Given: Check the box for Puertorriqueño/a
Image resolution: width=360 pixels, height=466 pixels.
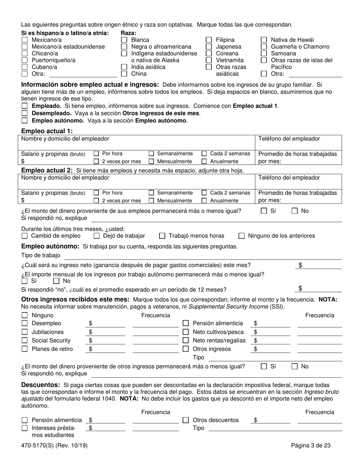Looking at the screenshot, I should coord(25,60).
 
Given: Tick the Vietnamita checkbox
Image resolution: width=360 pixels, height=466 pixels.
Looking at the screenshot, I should coord(209,60).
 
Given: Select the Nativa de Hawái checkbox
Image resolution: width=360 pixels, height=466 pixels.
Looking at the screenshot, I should coord(264,40).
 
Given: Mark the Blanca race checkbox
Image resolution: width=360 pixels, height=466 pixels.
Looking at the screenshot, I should coord(124,40).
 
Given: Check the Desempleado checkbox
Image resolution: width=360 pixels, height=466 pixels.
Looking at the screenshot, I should coord(25,113).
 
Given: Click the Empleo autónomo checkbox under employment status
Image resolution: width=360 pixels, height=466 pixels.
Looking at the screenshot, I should coord(25,121).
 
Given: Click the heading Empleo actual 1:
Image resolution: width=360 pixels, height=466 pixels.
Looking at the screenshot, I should coord(47,131).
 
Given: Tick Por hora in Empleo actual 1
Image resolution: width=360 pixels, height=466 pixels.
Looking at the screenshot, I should coord(96,154).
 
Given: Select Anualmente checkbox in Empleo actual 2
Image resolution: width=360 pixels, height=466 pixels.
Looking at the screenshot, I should coord(204,201).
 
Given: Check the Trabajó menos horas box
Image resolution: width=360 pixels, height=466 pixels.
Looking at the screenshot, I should coord(162,236).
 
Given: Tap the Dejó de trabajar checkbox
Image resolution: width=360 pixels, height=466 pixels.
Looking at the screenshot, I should coord(96,236).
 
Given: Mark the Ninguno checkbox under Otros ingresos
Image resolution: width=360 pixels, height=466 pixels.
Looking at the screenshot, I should coord(25,316).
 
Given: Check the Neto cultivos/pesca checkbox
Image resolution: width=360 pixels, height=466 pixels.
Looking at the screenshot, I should coord(186,332).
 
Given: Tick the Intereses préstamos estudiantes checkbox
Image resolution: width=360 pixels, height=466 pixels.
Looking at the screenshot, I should coord(25,428).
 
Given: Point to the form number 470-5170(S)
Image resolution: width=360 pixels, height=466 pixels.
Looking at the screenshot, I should coord(43,446).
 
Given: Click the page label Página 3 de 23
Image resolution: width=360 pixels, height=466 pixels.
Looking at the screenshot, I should coord(311,446).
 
